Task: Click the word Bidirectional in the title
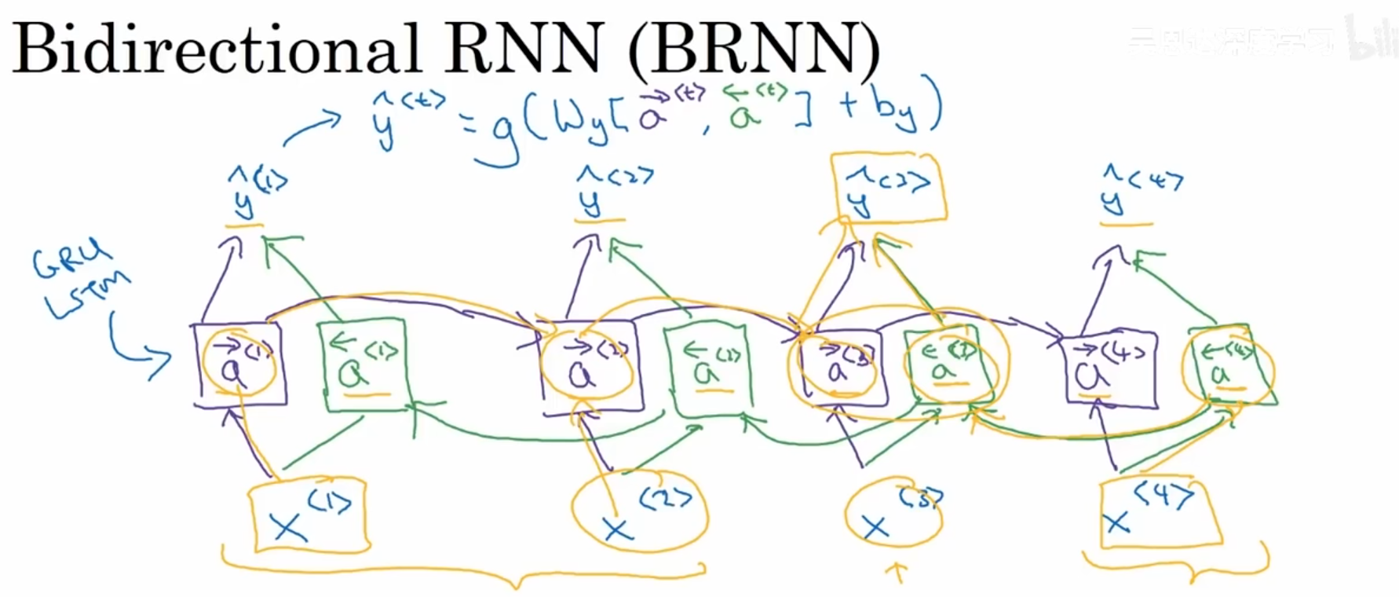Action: pos(216,49)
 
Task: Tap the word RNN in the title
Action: pos(523,49)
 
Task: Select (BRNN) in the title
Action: pos(754,49)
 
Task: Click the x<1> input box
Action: pos(309,515)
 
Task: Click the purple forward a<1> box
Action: pos(239,365)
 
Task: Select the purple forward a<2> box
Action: pos(590,365)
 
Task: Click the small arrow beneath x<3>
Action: pos(897,573)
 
